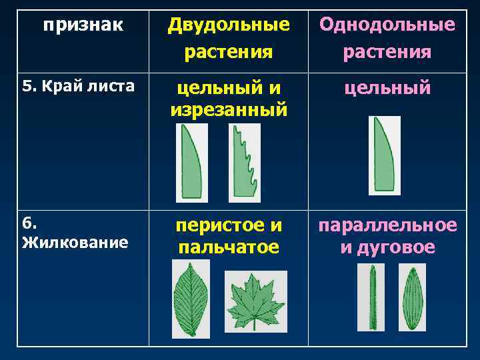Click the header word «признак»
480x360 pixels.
click(x=83, y=26)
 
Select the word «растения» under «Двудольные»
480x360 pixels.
click(x=229, y=51)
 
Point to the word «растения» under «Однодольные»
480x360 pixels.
click(x=387, y=51)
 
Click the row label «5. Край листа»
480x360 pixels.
click(x=79, y=86)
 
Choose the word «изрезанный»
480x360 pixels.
click(x=229, y=109)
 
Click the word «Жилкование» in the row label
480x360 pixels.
click(x=75, y=241)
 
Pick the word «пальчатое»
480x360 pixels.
click(x=229, y=247)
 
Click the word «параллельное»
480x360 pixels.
click(x=387, y=225)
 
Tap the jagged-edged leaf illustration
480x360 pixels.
click(x=244, y=163)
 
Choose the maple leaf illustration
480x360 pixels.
click(x=255, y=301)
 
